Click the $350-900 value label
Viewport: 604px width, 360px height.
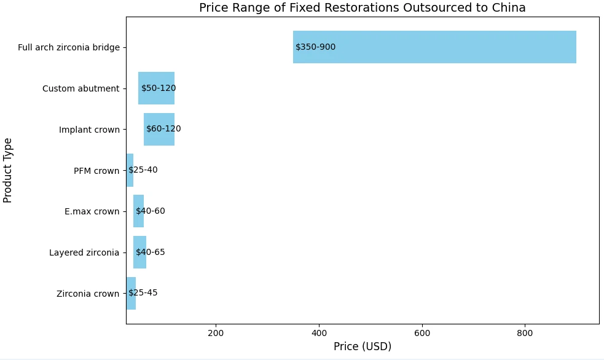pos(315,47)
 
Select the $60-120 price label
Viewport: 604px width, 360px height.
pos(163,129)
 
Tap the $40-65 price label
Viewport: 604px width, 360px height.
pos(151,252)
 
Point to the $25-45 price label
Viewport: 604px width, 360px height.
pos(143,293)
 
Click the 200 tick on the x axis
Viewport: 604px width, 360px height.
pos(216,333)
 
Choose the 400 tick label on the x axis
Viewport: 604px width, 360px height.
pos(319,333)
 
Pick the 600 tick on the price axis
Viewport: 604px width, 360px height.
pos(422,333)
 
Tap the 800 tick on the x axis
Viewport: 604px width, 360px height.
pos(525,333)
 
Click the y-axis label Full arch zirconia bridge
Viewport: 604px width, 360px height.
pos(69,48)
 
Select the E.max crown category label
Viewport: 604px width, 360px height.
pos(92,212)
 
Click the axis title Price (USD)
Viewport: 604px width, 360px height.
pos(363,347)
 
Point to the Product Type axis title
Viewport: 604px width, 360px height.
pos(8,170)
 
